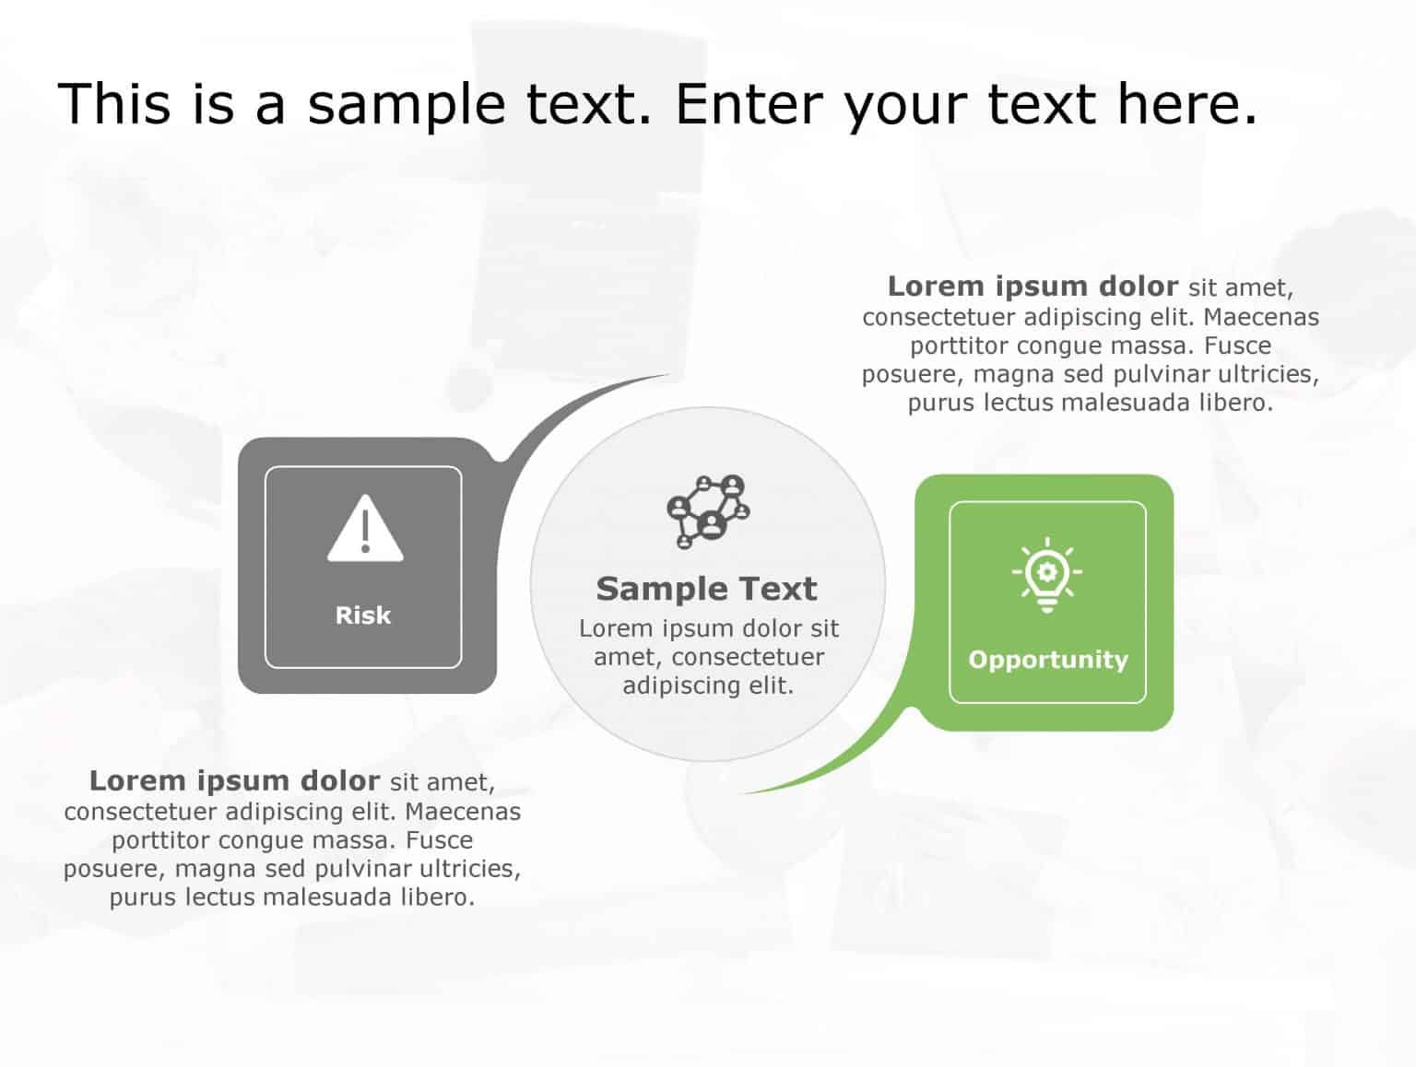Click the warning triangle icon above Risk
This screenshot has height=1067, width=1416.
click(365, 530)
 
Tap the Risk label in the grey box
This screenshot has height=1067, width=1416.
click(363, 616)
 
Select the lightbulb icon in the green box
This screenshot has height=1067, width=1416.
click(1046, 574)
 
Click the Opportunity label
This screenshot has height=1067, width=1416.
click(1048, 660)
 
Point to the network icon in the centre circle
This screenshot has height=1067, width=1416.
click(708, 511)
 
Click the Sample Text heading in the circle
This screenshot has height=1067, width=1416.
click(706, 589)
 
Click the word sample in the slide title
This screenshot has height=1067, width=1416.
click(406, 103)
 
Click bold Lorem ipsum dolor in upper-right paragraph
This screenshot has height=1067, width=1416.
click(1032, 287)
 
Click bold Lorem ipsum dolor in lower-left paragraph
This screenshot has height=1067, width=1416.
click(234, 781)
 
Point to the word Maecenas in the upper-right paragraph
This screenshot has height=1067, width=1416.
click(1261, 317)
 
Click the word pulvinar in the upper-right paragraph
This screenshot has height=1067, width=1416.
click(1162, 374)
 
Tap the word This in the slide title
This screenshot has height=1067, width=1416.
click(114, 103)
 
